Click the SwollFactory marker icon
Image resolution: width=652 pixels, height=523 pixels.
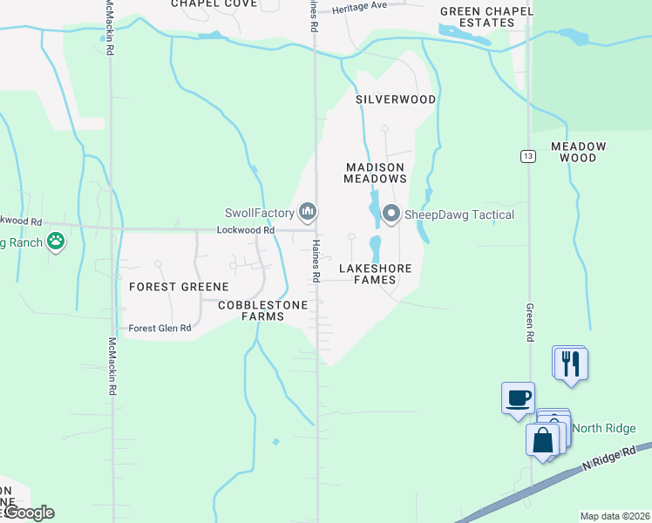tap(307, 211)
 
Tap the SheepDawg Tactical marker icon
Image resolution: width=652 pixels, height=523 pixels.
tap(391, 212)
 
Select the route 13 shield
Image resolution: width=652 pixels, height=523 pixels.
tap(528, 156)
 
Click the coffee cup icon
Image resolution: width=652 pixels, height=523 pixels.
tap(518, 397)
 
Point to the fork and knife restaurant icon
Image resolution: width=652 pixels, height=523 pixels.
tap(570, 362)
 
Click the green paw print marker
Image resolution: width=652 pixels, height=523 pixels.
tap(57, 241)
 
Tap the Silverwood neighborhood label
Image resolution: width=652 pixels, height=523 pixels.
tap(396, 99)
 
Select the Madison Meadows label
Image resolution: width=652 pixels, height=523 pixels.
tap(376, 173)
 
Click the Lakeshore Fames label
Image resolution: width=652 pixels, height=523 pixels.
tap(376, 275)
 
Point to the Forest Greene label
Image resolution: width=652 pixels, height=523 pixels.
tap(179, 287)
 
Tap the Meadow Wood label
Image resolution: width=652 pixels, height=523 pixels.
tap(578, 152)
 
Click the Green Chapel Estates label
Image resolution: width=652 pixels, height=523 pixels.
tap(477, 17)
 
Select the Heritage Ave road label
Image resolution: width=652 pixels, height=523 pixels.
tap(361, 6)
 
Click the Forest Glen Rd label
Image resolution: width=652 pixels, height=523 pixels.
tap(160, 329)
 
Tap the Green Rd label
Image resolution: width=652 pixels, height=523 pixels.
tap(529, 322)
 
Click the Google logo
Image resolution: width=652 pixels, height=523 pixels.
tap(28, 513)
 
